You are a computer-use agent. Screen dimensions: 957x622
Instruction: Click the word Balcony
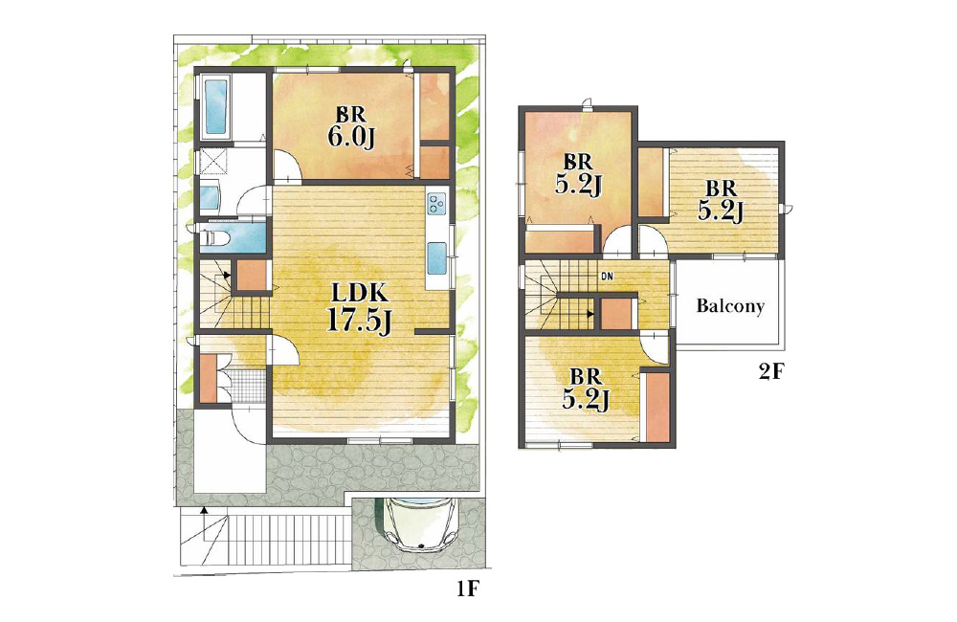pos(730,305)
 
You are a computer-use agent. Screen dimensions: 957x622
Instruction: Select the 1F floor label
pos(468,589)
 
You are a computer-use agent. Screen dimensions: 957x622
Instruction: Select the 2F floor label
pos(770,371)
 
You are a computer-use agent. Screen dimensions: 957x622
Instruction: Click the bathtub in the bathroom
pos(215,107)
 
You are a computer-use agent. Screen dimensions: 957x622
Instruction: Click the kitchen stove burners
pos(437,203)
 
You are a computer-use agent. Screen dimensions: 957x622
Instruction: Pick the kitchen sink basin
pos(437,258)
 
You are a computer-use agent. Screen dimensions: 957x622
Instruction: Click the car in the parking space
pos(420,522)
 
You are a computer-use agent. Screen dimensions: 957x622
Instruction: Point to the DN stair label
pos(607,277)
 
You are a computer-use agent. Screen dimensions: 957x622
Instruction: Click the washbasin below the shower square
pos(210,196)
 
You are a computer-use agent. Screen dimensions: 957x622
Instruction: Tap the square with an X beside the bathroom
pos(213,161)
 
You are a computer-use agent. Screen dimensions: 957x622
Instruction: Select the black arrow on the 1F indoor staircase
pos(227,275)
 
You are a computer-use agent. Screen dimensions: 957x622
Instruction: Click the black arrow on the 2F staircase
pos(590,314)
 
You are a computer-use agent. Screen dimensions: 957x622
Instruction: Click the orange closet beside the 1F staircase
pos(253,276)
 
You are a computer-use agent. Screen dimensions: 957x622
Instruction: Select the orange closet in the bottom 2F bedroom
pos(658,407)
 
